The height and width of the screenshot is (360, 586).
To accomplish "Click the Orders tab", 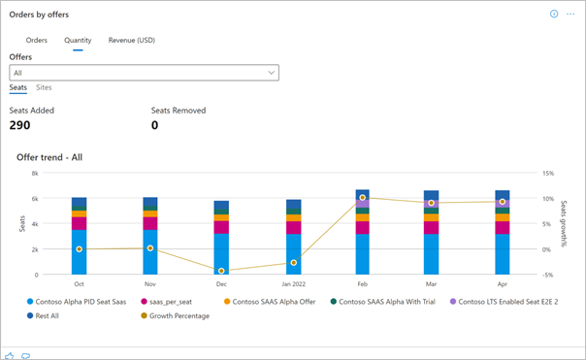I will tap(37, 40).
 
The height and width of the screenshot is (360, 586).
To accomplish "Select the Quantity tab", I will tap(78, 40).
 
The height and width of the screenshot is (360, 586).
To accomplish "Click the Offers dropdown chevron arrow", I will tap(270, 73).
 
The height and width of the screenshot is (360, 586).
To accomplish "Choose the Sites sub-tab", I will tap(44, 87).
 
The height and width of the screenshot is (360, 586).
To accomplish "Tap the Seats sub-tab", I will tap(17, 87).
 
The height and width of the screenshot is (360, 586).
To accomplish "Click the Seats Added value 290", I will tap(19, 125).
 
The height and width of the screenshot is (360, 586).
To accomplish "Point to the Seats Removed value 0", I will tap(154, 125).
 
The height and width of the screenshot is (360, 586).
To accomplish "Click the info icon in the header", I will tap(554, 15).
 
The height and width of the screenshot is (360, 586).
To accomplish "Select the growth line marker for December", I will tap(221, 271).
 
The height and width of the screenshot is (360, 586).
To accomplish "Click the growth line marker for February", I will tap(362, 197).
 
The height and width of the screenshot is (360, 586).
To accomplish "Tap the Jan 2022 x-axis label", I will tap(292, 285).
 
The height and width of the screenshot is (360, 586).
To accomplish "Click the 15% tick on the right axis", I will tap(548, 174).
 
